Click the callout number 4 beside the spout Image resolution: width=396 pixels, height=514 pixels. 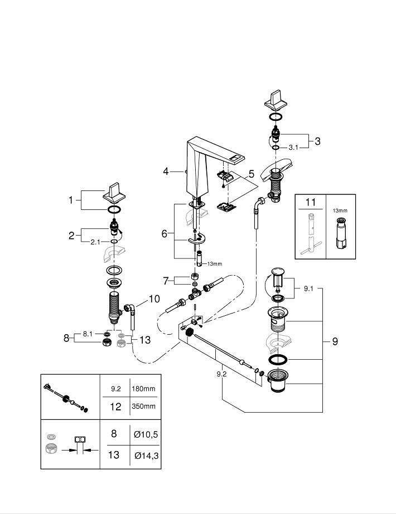tap(166, 172)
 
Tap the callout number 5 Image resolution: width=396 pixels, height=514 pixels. tap(251, 174)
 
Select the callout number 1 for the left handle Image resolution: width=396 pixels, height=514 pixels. tap(71, 200)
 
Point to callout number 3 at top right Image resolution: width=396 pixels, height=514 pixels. tap(317, 141)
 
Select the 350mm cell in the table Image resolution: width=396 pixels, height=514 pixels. tap(143, 407)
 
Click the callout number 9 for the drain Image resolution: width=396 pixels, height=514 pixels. tap(335, 341)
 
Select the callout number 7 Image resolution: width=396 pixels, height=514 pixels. tap(165, 280)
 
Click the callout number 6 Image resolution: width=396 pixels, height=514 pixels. tap(165, 233)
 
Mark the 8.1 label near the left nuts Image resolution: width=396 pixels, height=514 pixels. tap(87, 333)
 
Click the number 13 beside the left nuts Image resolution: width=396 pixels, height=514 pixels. tap(145, 340)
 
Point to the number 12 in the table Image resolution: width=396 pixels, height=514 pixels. tap(114, 407)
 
